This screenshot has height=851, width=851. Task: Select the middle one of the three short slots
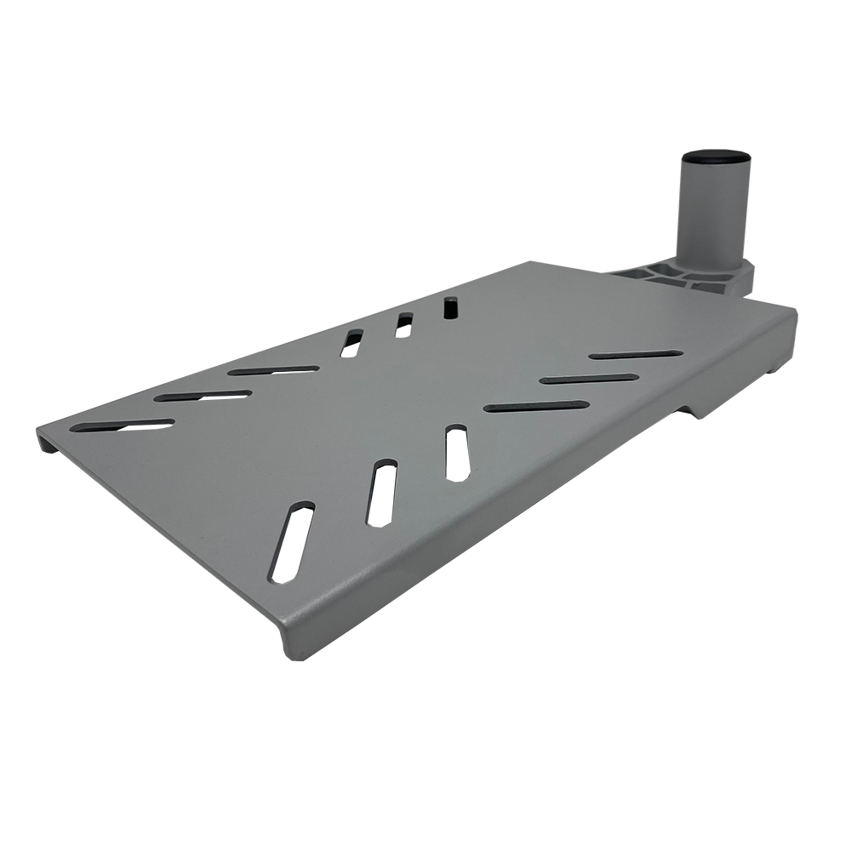point(400,325)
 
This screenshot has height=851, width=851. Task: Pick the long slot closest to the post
point(634,353)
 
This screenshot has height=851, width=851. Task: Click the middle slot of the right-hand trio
point(587,378)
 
